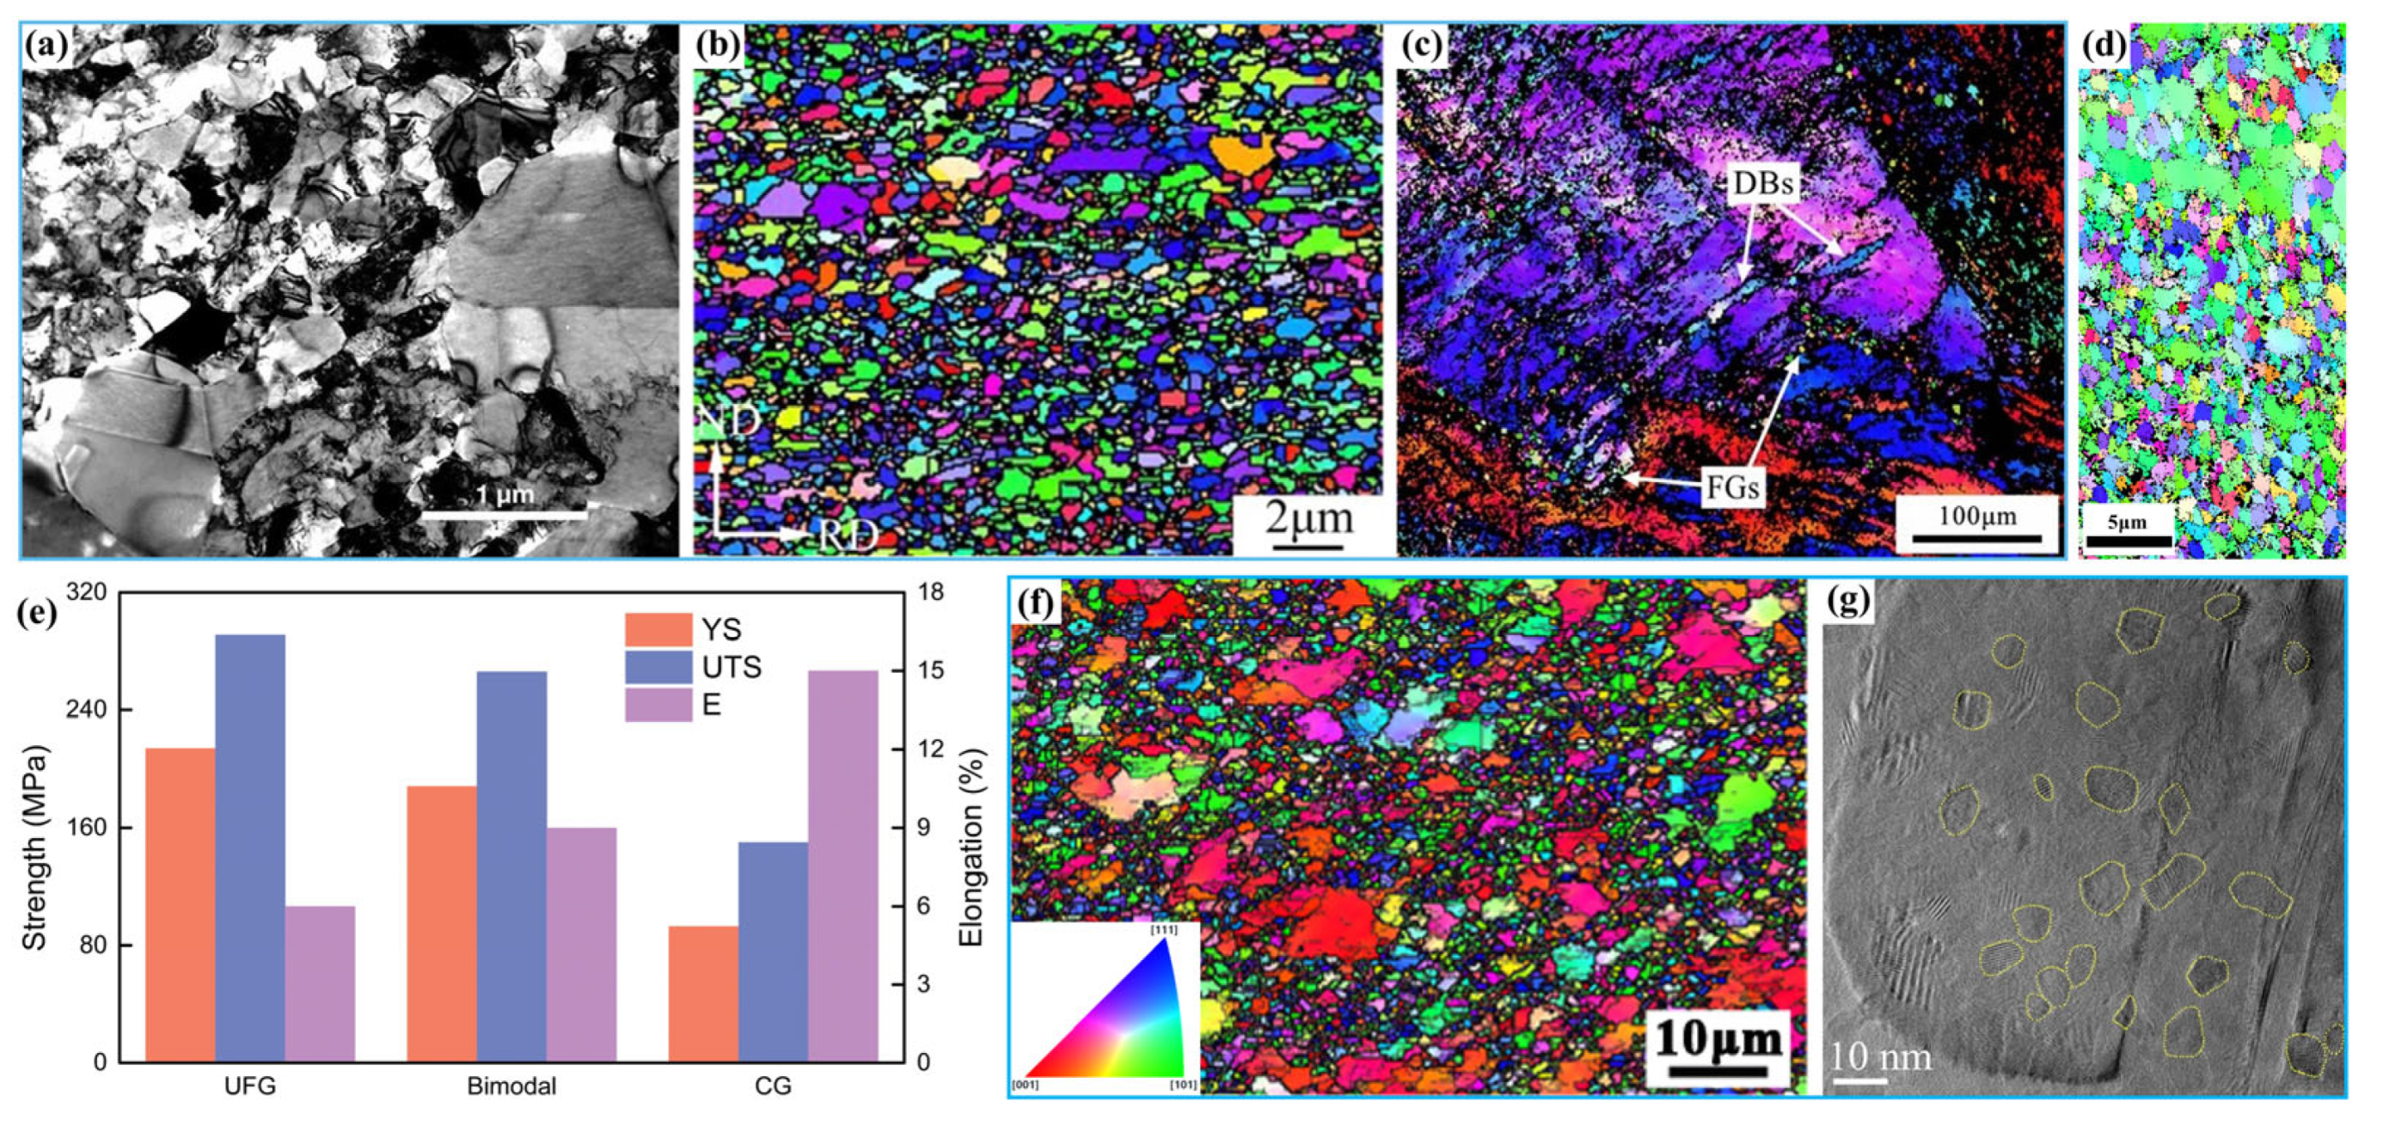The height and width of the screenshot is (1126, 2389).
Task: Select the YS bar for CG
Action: click(x=703, y=994)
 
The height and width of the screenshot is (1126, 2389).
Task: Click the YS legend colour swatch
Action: click(x=658, y=630)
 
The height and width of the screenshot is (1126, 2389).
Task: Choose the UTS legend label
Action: click(x=732, y=667)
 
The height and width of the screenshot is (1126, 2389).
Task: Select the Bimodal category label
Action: click(x=511, y=1086)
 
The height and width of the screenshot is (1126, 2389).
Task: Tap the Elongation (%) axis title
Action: click(x=970, y=847)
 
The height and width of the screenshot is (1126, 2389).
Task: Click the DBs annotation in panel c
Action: click(x=1763, y=184)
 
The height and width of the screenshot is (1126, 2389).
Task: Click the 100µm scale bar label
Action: click(x=1976, y=517)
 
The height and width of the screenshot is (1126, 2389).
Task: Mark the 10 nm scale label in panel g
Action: click(x=1881, y=1056)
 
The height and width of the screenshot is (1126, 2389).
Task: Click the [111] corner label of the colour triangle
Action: click(x=1164, y=929)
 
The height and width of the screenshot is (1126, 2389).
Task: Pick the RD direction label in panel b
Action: click(x=847, y=535)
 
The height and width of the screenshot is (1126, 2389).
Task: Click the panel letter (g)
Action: click(x=1849, y=603)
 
